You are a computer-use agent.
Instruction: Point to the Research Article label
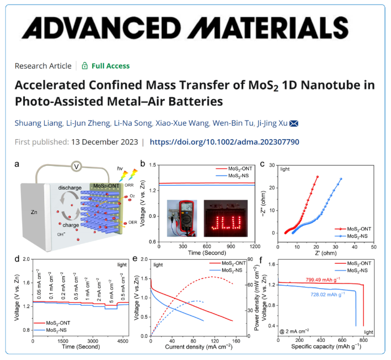pyautogui.click(x=43, y=66)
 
